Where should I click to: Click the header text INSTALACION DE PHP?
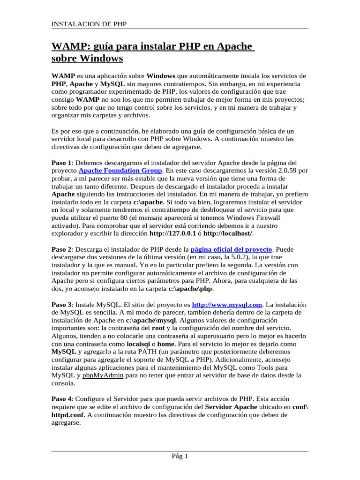click(89, 24)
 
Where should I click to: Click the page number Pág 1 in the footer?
click(180, 456)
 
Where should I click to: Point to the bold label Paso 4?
click(61, 398)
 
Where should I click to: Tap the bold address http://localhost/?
click(227, 233)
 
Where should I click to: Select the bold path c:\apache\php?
click(190, 289)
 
